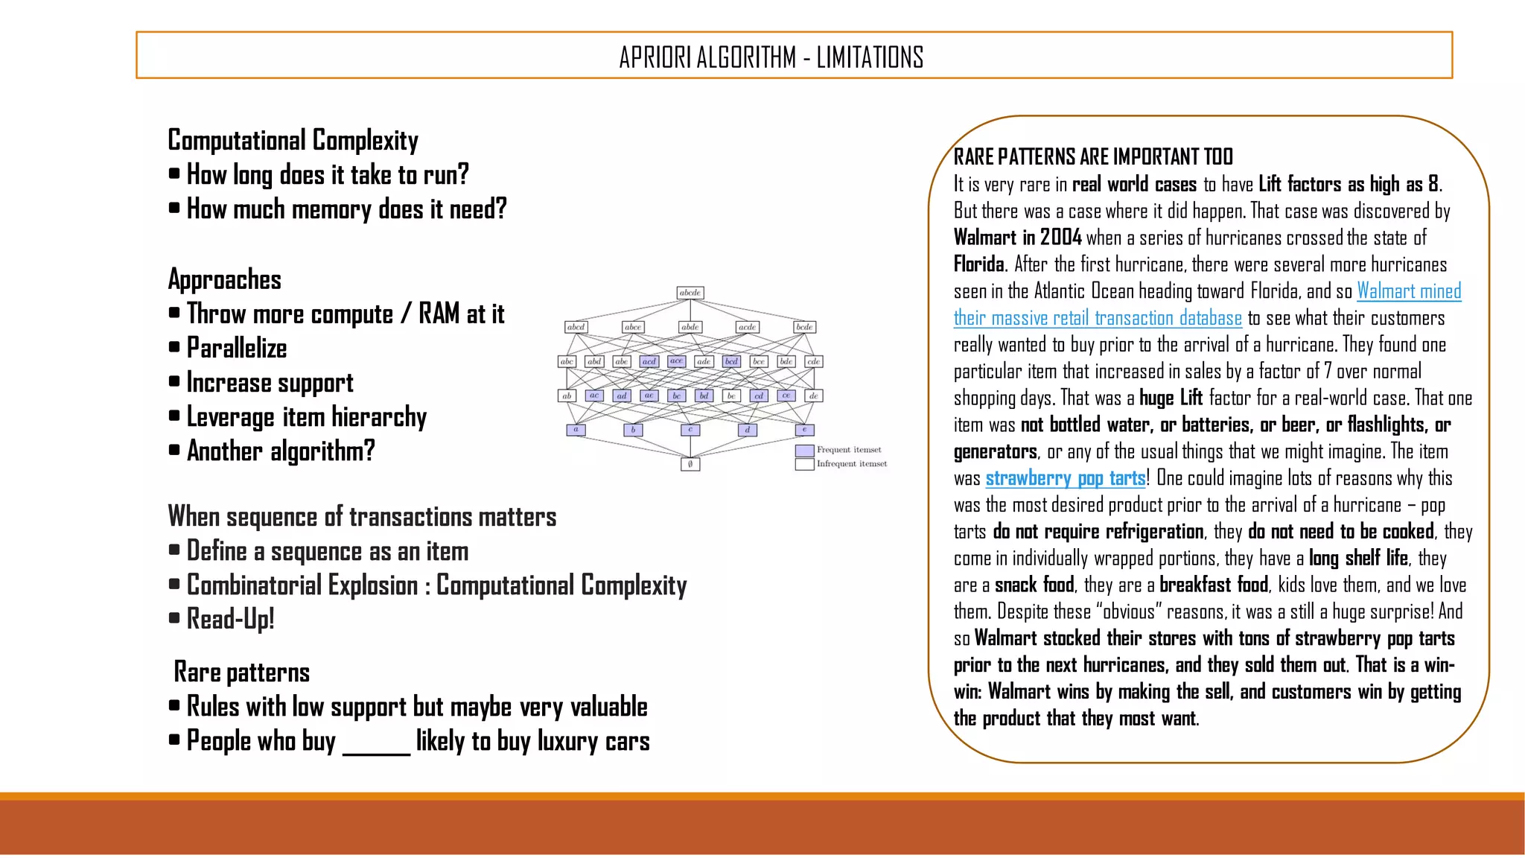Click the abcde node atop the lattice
(690, 293)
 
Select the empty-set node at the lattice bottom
(690, 464)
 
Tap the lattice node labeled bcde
(804, 327)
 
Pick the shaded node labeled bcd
(731, 361)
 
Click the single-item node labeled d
(748, 430)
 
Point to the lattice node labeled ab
(567, 395)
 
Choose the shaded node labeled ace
(676, 361)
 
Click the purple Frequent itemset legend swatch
(804, 450)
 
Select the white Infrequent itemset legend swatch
(804, 464)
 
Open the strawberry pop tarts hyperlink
(1065, 478)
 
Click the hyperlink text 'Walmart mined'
(1409, 291)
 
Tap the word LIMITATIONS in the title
(870, 57)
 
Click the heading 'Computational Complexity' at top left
(293, 140)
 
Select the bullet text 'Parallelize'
(237, 348)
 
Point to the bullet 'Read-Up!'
(230, 619)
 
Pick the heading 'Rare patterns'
(241, 673)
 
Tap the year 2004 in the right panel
(1060, 238)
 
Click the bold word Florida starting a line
(979, 264)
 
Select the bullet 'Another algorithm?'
(281, 451)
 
